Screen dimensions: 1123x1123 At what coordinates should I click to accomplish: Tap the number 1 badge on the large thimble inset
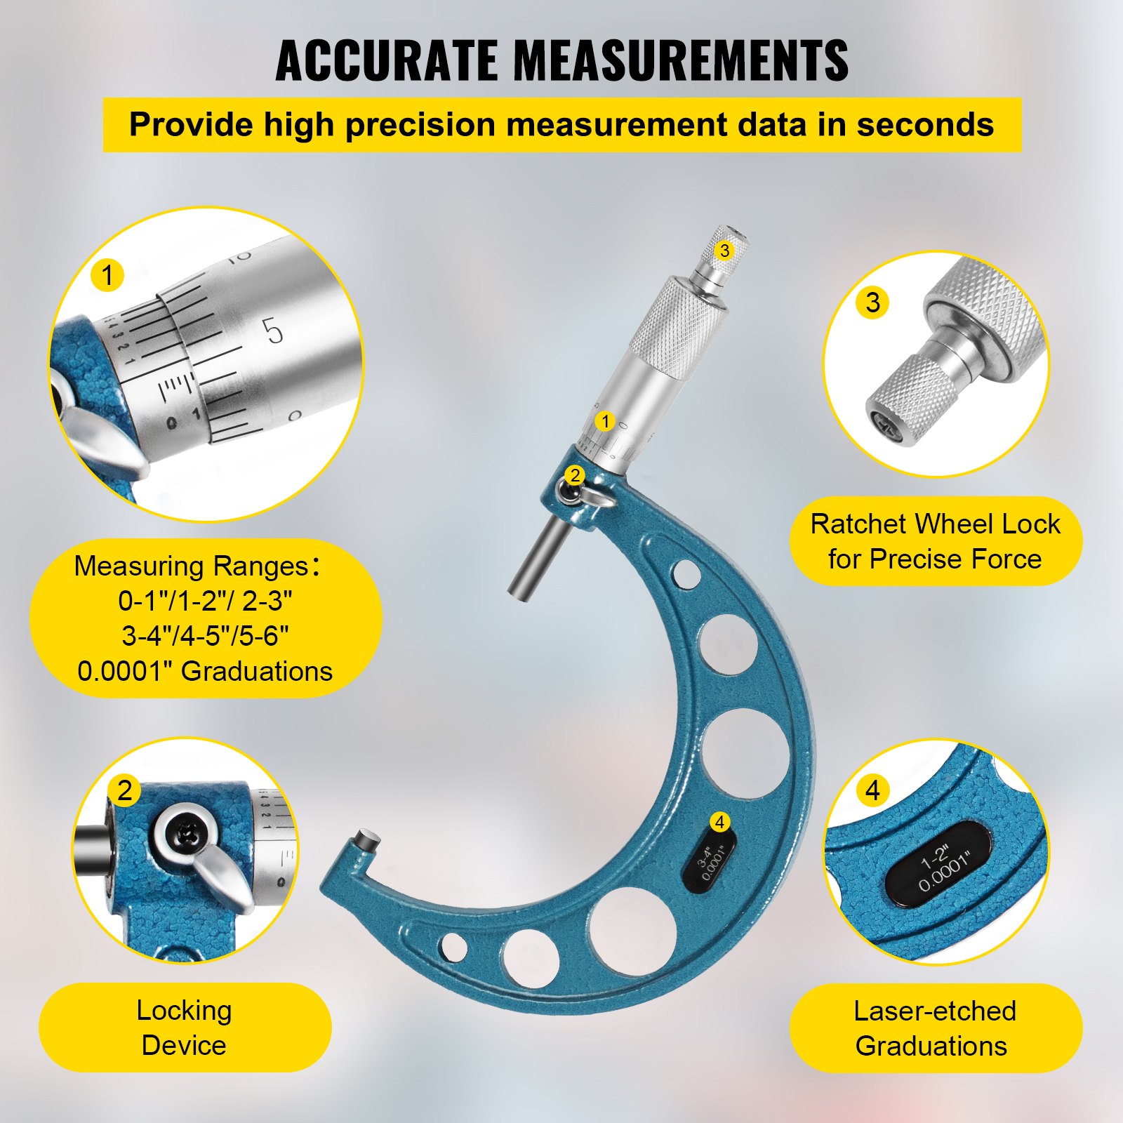click(107, 274)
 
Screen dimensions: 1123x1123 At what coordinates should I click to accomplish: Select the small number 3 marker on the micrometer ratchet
click(724, 251)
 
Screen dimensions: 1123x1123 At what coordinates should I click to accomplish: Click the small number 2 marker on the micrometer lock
click(575, 475)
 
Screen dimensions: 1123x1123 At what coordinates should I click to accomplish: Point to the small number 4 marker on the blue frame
click(719, 822)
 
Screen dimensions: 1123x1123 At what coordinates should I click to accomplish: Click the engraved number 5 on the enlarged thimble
click(273, 331)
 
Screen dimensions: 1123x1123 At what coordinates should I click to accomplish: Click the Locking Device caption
click(184, 1027)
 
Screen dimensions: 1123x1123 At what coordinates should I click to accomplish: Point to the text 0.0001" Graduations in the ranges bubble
click(205, 671)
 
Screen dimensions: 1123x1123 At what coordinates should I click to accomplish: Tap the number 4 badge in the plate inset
click(872, 790)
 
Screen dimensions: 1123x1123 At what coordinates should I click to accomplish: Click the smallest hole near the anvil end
click(454, 946)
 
